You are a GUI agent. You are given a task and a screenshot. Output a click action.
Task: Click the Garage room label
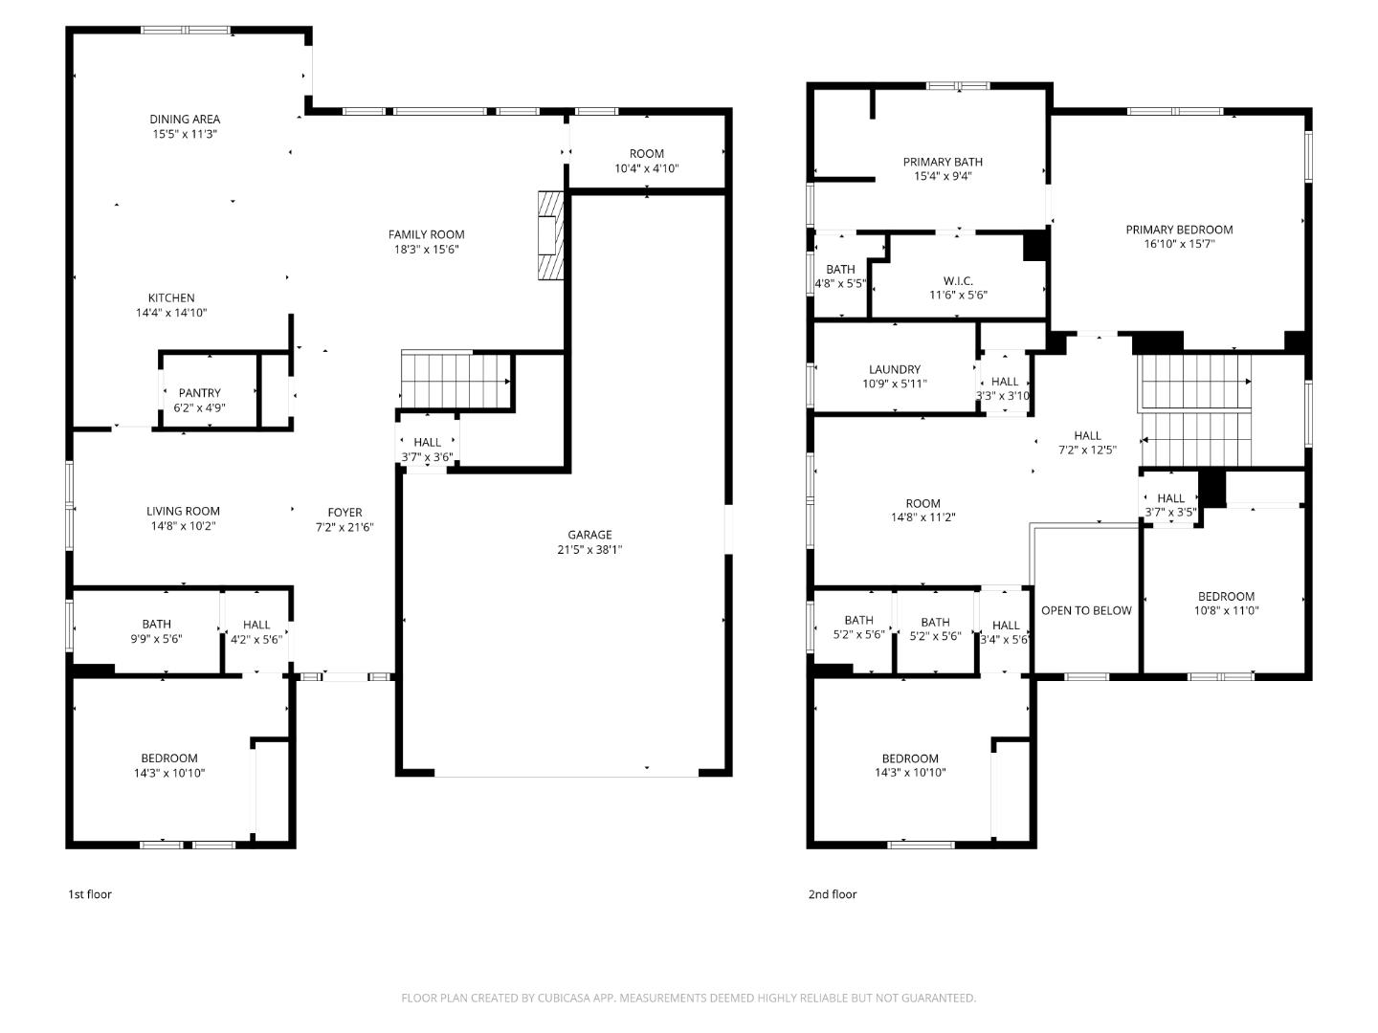(589, 536)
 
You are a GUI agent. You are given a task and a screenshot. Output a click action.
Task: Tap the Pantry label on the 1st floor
(199, 393)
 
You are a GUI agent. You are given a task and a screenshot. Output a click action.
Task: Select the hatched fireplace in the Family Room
(551, 235)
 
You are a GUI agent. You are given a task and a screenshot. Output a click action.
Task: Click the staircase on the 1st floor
(456, 381)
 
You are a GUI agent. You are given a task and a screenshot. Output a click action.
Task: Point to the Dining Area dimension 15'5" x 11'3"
(185, 134)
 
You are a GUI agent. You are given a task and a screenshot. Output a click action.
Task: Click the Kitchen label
(171, 298)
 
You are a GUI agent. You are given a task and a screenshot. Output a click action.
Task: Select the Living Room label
(183, 512)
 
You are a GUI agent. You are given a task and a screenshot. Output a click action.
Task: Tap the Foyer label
(344, 513)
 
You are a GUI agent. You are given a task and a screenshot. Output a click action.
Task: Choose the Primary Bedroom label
(1179, 230)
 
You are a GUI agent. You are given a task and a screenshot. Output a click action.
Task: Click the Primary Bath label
(943, 163)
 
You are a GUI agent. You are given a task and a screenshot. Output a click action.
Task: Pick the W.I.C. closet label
(958, 281)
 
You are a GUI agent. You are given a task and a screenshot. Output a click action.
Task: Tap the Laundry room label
(895, 370)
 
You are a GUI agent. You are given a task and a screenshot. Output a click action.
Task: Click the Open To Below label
(1086, 611)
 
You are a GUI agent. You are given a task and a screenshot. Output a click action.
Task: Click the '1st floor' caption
(89, 894)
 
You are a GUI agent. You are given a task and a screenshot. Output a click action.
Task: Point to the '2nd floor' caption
(832, 894)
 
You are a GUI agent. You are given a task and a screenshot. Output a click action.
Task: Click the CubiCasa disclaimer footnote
(688, 998)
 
